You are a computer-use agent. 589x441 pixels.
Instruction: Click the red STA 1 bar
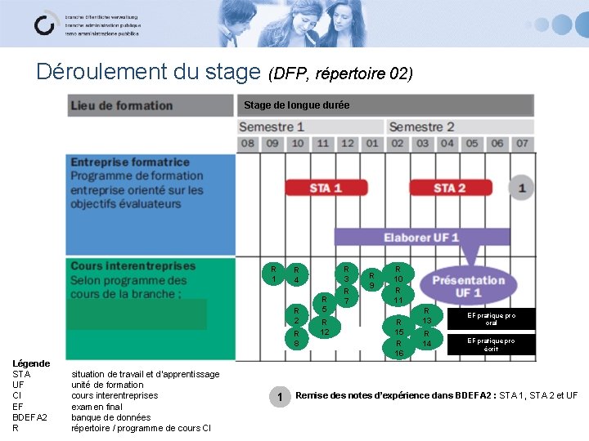point(326,188)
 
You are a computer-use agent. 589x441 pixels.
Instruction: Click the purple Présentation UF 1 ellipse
point(468,286)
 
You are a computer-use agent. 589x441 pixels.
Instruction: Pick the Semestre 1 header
point(272,127)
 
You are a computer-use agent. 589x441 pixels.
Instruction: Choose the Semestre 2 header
point(421,127)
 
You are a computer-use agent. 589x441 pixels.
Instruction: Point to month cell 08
point(248,144)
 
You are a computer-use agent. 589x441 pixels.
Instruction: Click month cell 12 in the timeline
point(348,144)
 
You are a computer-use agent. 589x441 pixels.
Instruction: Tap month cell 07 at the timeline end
point(522,144)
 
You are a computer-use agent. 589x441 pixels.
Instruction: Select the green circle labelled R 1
point(273,274)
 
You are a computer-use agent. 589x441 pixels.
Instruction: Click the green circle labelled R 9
point(371,280)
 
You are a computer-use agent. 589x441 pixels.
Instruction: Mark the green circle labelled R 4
point(298,275)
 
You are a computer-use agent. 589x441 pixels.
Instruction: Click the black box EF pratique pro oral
point(491,318)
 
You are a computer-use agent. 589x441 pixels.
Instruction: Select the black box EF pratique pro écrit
point(491,345)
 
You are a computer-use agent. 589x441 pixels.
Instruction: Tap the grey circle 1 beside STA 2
point(521,189)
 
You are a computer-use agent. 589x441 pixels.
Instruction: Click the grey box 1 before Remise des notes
point(280,397)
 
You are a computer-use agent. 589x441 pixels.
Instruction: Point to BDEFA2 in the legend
point(29,416)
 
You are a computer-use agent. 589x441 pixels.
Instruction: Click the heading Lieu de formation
point(122,105)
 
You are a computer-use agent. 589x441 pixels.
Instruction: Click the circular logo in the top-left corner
point(45,24)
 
